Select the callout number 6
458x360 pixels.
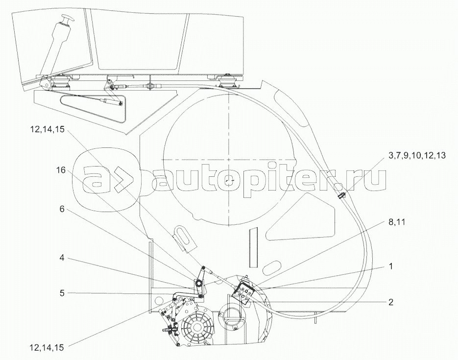click(x=62, y=208)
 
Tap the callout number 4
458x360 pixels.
click(x=62, y=258)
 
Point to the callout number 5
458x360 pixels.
click(x=62, y=294)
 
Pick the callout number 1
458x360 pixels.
click(x=391, y=267)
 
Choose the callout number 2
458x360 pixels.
click(x=391, y=302)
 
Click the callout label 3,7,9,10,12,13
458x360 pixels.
click(x=417, y=155)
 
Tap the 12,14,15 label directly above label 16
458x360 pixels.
click(x=48, y=130)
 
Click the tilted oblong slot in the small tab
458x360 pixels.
click(x=183, y=237)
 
